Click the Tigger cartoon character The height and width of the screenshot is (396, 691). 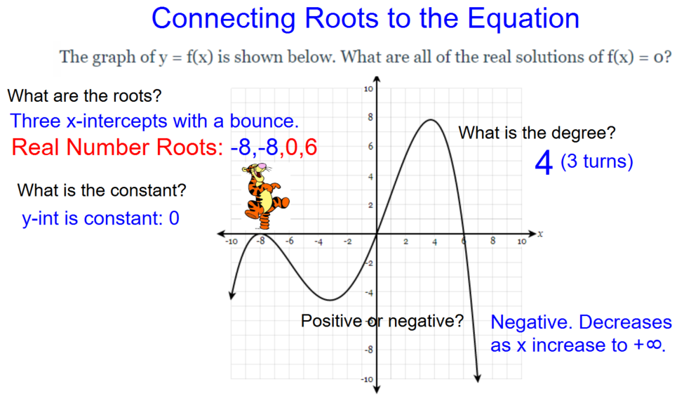(x=265, y=196)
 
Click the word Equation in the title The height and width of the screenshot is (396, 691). (x=523, y=18)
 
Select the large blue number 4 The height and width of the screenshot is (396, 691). (x=544, y=163)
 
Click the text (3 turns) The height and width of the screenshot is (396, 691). (x=597, y=161)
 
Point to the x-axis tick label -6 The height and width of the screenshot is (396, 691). (x=289, y=242)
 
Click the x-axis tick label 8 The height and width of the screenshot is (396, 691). (x=492, y=241)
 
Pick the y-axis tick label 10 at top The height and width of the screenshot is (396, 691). (x=368, y=88)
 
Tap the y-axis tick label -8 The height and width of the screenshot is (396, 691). (x=368, y=350)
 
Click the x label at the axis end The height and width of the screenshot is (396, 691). (x=540, y=234)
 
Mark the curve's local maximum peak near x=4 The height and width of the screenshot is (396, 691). (x=431, y=119)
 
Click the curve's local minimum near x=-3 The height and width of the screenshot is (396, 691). (x=330, y=300)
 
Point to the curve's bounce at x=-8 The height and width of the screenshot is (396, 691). (x=260, y=233)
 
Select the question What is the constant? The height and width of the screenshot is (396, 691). (x=102, y=190)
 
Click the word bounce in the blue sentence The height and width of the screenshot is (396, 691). (x=264, y=121)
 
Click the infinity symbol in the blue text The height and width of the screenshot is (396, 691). (x=655, y=345)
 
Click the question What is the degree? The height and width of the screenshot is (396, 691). (x=537, y=133)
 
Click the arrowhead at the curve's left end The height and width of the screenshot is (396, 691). (x=232, y=295)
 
